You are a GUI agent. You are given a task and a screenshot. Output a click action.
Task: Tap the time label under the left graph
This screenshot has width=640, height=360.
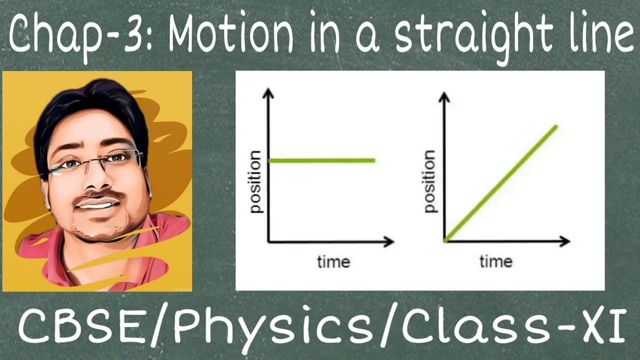[x=333, y=261]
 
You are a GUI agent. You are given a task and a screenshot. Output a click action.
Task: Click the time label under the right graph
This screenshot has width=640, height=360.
[x=496, y=261]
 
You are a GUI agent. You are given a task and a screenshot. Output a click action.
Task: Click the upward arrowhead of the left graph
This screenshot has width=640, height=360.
[x=269, y=93]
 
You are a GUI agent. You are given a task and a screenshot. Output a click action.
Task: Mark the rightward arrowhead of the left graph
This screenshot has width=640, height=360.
[x=388, y=242]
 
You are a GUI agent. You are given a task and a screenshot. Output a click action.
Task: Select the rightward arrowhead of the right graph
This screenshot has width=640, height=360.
[x=564, y=241]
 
